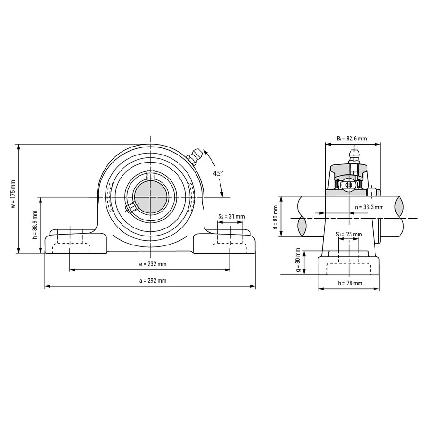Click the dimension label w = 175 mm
click(13, 194)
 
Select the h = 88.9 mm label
click(34, 225)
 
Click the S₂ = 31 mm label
click(231, 216)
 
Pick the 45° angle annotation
click(218, 173)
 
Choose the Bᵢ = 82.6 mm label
click(352, 139)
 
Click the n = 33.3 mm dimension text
click(369, 207)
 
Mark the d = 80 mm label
click(276, 217)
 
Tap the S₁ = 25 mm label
click(349, 234)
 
